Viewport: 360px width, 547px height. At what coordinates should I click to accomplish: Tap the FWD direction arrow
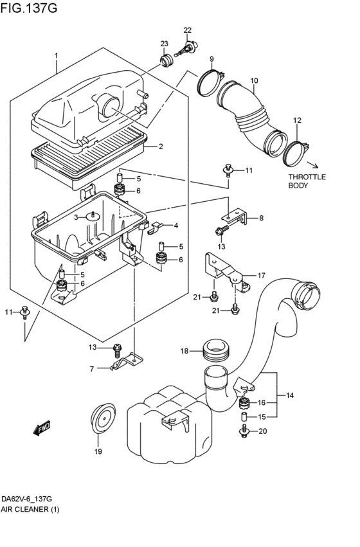click(x=42, y=428)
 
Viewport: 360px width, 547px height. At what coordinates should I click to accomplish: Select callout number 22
click(x=187, y=30)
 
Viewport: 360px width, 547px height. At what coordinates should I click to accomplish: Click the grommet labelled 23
click(x=167, y=60)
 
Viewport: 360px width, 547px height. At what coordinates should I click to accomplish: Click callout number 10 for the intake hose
click(x=254, y=80)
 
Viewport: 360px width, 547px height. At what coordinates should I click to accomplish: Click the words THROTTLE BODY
click(x=307, y=181)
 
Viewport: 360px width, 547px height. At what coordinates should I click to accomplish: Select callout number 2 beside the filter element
click(x=161, y=147)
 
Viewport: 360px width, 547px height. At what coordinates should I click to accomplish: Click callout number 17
click(x=262, y=276)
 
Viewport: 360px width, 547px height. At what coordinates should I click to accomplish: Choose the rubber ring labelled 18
click(x=215, y=350)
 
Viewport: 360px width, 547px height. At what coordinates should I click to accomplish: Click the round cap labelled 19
click(x=103, y=418)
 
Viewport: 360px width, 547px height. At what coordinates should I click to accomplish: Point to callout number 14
click(x=290, y=395)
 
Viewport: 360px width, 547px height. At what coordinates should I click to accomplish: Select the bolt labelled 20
click(x=244, y=431)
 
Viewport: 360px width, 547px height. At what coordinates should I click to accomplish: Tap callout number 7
click(x=92, y=369)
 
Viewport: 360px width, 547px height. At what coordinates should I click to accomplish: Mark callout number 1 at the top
click(x=56, y=56)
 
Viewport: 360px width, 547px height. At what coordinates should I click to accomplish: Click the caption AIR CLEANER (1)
click(x=30, y=509)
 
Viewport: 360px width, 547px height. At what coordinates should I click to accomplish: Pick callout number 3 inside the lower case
click(x=76, y=217)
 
